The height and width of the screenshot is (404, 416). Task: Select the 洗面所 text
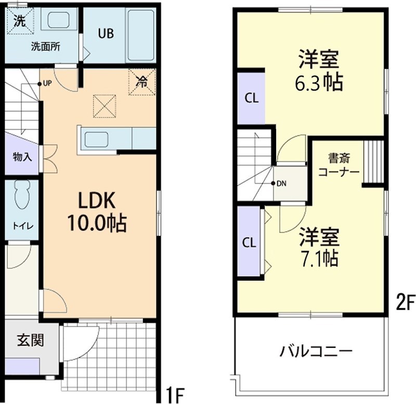coord(45,46)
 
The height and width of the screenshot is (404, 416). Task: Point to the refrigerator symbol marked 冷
coord(142,82)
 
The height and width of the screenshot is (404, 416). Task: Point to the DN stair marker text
coord(281,183)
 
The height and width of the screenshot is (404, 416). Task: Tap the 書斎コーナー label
coord(337,164)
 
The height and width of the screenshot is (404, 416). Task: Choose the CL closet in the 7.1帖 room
coord(250,243)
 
